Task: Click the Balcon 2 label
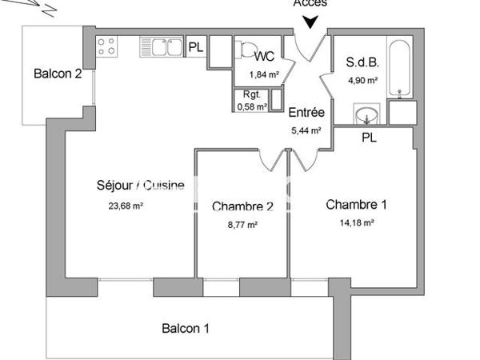pyautogui.click(x=57, y=74)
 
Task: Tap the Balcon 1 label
pyautogui.click(x=186, y=328)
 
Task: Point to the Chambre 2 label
pyautogui.click(x=243, y=206)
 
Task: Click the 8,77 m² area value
pyautogui.click(x=243, y=225)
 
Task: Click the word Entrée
pyautogui.click(x=306, y=112)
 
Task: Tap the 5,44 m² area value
pyautogui.click(x=306, y=130)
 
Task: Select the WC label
pyautogui.click(x=265, y=58)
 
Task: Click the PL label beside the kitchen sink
pyautogui.click(x=195, y=47)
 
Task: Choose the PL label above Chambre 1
pyautogui.click(x=369, y=137)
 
